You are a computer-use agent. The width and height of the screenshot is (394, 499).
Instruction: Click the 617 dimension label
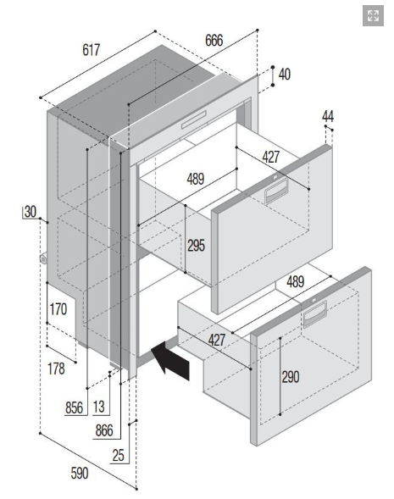coord(91,50)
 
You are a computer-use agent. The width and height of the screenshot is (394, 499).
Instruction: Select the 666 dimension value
coord(214,41)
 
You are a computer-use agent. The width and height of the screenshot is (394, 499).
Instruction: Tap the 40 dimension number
coord(284,75)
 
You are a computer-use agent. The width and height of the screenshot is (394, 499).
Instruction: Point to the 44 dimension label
coord(328,116)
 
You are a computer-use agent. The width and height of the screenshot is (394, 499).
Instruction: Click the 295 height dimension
coord(196,246)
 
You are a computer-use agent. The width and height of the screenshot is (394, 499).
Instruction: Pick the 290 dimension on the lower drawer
coord(291,377)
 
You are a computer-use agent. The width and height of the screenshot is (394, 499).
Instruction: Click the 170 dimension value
coord(58,309)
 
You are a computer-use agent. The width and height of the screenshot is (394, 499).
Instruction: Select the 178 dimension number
coord(56,369)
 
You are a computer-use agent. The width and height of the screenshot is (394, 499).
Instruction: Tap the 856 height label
coord(74,408)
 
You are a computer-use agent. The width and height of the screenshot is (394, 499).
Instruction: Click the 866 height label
coord(104,430)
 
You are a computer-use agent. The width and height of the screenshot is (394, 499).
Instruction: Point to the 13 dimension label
coord(98,407)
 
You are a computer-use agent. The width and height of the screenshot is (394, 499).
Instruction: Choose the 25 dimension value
coord(118,456)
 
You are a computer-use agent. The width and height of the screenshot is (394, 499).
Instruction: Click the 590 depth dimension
coord(80,474)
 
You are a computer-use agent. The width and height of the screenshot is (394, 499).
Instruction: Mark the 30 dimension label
coord(31,212)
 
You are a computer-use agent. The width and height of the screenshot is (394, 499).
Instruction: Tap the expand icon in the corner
coord(373,15)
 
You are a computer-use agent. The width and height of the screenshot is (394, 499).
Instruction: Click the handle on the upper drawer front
coord(276,191)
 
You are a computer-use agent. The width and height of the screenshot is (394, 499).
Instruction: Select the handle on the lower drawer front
coord(314,313)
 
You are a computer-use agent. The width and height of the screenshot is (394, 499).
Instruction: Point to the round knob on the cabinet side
coord(43,259)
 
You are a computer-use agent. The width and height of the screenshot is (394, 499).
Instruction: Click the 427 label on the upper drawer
coord(271,157)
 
